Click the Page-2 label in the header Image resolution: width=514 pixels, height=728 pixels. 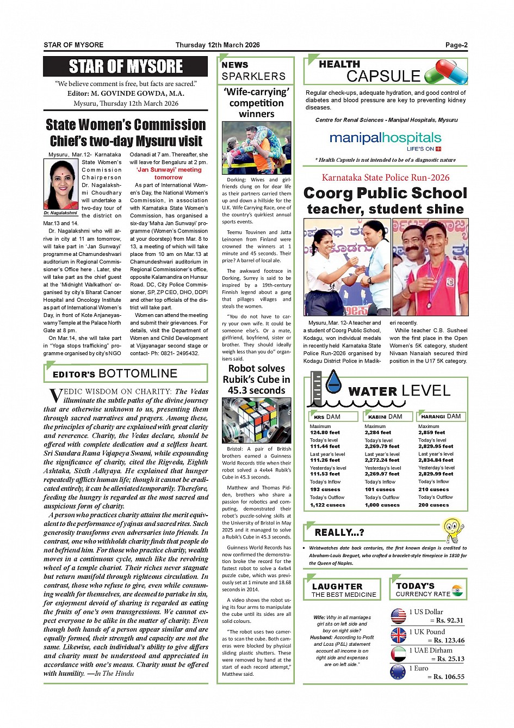[456, 45]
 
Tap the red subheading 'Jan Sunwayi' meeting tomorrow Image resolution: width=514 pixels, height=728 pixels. [169, 173]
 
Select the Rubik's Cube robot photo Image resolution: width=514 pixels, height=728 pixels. [256, 420]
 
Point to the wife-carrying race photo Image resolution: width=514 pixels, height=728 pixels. [256, 148]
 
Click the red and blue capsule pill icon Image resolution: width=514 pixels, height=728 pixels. [445, 72]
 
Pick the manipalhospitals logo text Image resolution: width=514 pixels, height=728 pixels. [385, 138]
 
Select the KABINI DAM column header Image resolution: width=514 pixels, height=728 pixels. [385, 417]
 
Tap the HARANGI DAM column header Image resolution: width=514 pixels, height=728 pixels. [441, 417]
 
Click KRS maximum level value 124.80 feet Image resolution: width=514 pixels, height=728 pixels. [325, 432]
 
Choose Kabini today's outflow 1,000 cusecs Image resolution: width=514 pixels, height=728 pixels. [382, 505]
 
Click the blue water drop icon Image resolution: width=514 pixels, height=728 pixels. [333, 382]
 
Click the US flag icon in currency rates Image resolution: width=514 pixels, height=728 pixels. [398, 616]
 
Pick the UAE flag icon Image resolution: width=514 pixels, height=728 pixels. [398, 654]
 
